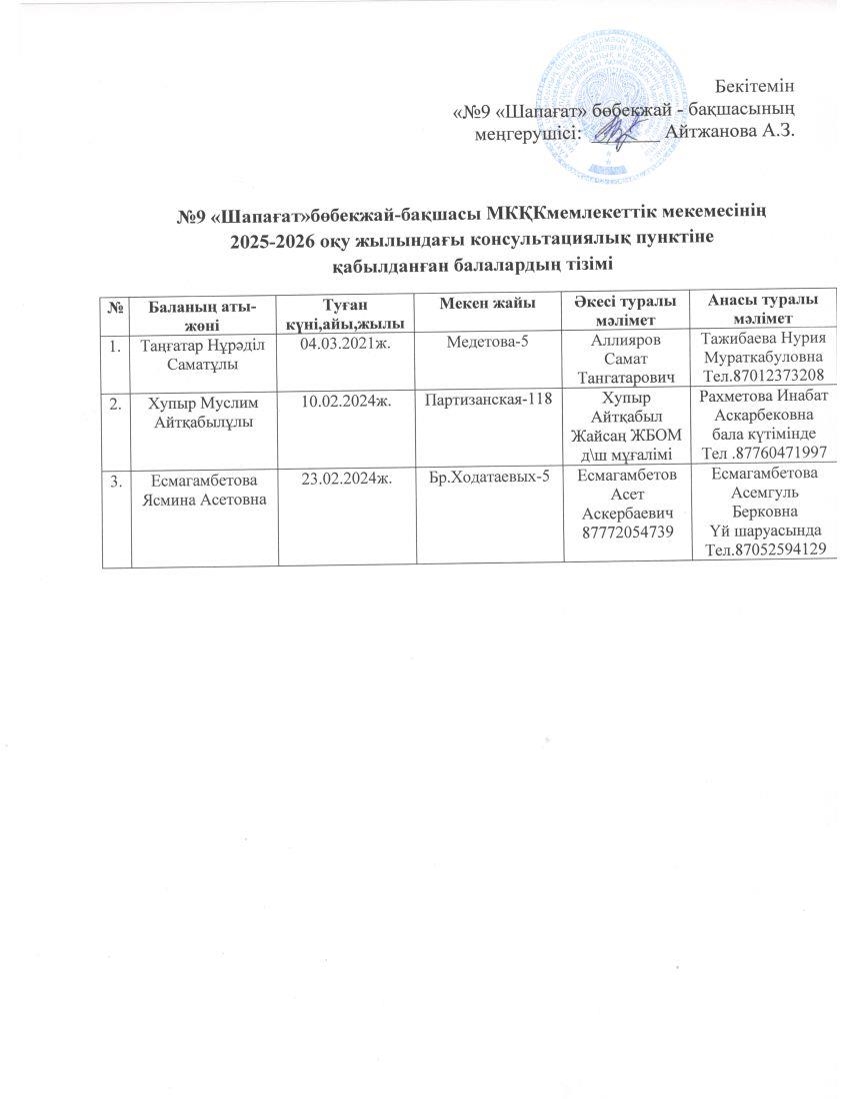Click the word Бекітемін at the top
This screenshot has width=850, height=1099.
756,83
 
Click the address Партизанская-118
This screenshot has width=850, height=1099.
489,401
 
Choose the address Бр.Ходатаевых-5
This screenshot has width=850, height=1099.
489,477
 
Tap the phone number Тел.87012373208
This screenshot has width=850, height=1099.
765,375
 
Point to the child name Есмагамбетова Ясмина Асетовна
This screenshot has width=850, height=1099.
196,488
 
